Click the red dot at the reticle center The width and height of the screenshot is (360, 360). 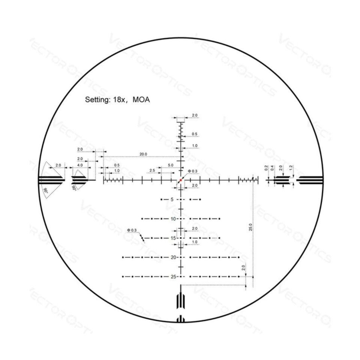[x=180, y=180]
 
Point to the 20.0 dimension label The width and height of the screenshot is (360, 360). [x=143, y=154]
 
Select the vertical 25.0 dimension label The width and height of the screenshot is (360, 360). [x=250, y=227]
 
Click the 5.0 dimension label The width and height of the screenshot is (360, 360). [x=171, y=165]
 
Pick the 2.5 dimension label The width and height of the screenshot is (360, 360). [x=152, y=171]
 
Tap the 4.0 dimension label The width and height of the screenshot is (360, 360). [x=80, y=165]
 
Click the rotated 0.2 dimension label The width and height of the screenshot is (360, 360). [x=266, y=168]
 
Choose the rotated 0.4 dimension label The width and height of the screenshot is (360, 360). [x=272, y=168]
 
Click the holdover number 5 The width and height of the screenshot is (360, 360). [x=172, y=199]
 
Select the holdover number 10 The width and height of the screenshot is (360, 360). [x=173, y=219]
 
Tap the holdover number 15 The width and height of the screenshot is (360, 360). [x=173, y=238]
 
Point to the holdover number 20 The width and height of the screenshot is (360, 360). [x=173, y=257]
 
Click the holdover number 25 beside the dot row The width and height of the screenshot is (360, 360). [x=173, y=277]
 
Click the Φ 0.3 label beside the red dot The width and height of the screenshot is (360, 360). [x=192, y=171]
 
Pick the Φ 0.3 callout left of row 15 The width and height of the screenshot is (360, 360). [x=132, y=230]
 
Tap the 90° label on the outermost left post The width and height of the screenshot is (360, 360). [x=45, y=190]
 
